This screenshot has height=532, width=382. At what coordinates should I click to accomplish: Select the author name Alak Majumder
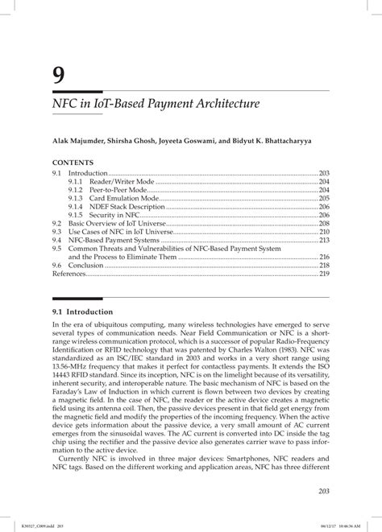pyautogui.click(x=80, y=141)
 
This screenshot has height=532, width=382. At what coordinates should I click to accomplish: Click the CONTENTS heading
pyautogui.click(x=73, y=163)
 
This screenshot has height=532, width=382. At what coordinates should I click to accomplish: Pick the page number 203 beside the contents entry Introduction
pyautogui.click(x=324, y=174)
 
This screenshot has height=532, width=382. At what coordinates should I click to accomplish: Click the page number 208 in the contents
pyautogui.click(x=324, y=223)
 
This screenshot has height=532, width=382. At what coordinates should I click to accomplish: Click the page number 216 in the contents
pyautogui.click(x=324, y=257)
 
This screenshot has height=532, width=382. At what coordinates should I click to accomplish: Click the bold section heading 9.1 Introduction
pyautogui.click(x=83, y=311)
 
